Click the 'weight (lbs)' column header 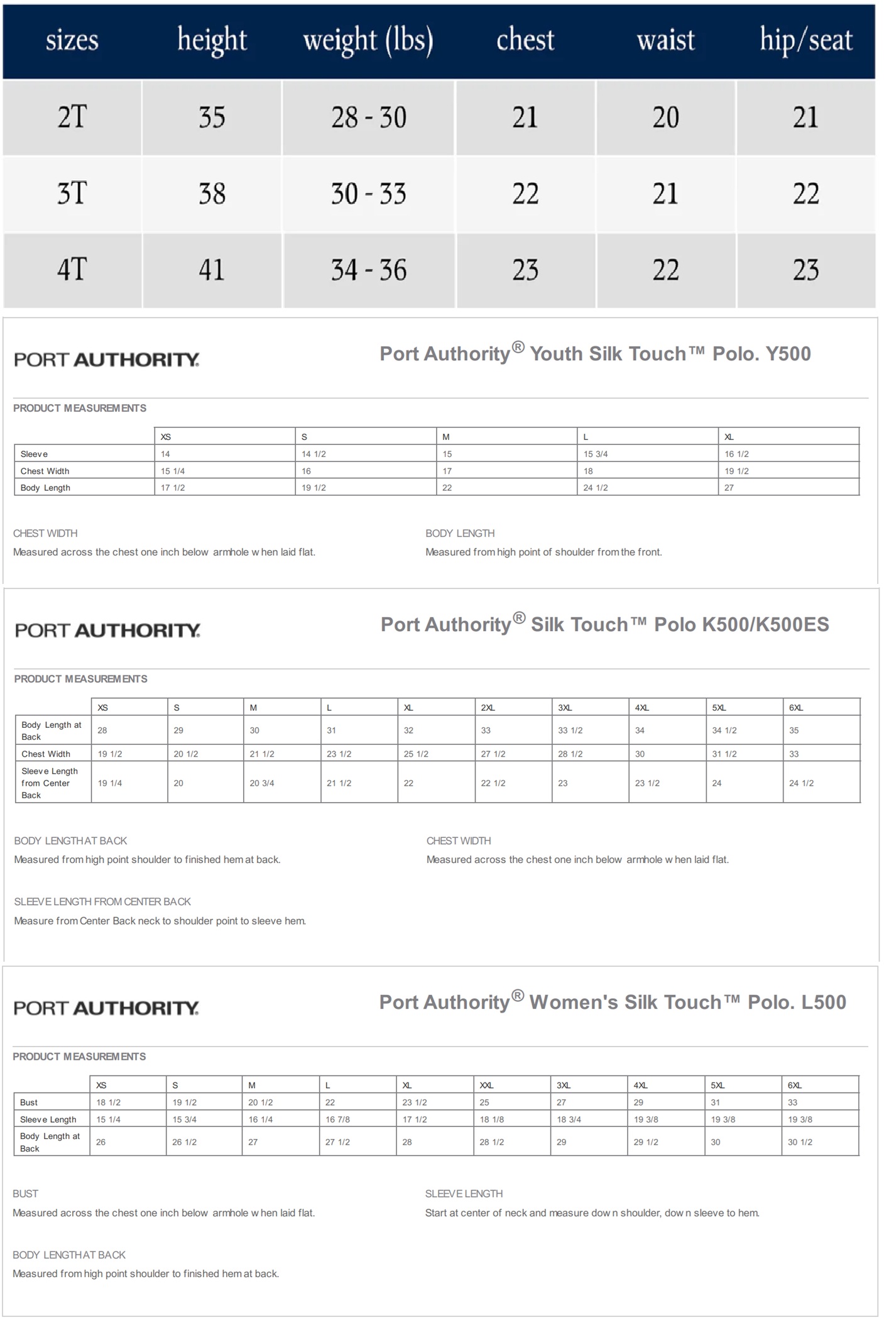tap(368, 41)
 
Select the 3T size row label tap(72, 194)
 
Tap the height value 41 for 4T tap(212, 270)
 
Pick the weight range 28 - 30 tap(369, 118)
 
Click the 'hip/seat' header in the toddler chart tap(806, 41)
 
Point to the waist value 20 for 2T tap(665, 118)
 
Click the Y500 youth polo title tap(595, 354)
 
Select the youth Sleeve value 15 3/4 tap(596, 454)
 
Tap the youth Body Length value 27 tap(729, 488)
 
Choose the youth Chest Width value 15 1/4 tap(173, 471)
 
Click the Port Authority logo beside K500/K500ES tap(107, 630)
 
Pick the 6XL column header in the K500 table tap(796, 708)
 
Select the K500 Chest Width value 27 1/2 tap(493, 754)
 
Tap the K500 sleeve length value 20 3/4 tap(262, 783)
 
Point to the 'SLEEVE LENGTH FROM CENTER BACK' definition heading tap(102, 902)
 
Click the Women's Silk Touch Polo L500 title tap(613, 1003)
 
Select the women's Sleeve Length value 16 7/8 tap(337, 1119)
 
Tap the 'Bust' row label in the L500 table tap(29, 1102)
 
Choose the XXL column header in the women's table tap(486, 1086)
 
